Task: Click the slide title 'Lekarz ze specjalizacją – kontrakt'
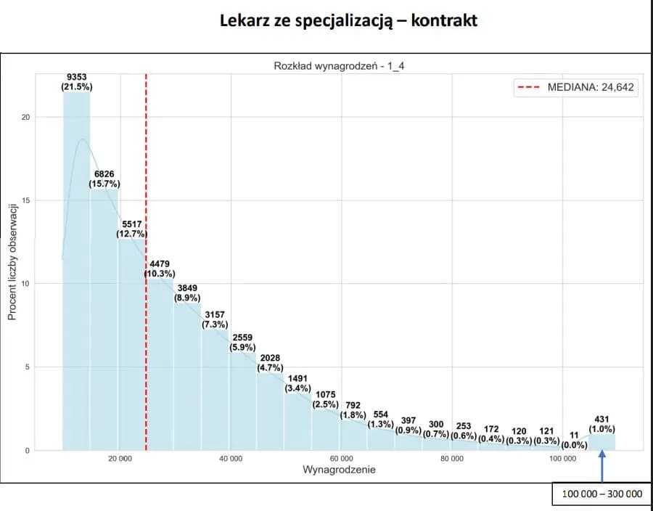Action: point(348,20)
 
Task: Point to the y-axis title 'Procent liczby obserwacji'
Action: point(12,262)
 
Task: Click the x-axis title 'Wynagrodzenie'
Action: point(339,470)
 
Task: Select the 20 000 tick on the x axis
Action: point(120,459)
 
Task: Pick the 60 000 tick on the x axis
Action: point(341,459)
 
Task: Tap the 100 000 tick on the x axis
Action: point(563,459)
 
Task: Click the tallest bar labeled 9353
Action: point(77,276)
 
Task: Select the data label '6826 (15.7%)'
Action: point(104,179)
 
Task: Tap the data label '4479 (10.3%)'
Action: point(160,269)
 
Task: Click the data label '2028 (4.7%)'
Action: point(270,363)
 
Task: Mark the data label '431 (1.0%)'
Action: point(601,425)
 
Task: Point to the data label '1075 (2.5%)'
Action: point(325,400)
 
